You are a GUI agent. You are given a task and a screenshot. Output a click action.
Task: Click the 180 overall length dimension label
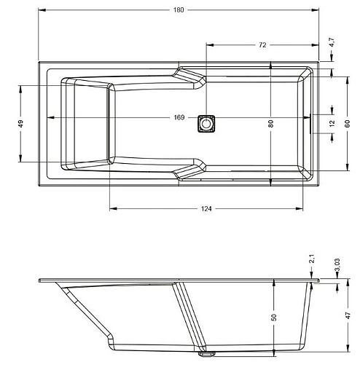pos(179,10)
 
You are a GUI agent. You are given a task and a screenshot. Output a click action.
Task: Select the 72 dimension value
pos(262,45)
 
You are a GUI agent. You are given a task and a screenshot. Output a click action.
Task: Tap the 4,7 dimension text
pos(332,43)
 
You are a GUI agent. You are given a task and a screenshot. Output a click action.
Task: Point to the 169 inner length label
pos(179,117)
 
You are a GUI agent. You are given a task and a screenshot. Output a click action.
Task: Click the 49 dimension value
pos(20,124)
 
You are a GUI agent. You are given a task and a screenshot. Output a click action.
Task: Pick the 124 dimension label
pos(206,209)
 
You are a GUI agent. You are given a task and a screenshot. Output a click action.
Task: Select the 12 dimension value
pos(332,124)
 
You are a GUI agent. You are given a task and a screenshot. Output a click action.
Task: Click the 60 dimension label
pos(347,124)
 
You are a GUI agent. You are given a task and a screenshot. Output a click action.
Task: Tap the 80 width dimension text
pos(270,124)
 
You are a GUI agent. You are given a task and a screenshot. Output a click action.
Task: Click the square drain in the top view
pos(206,124)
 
